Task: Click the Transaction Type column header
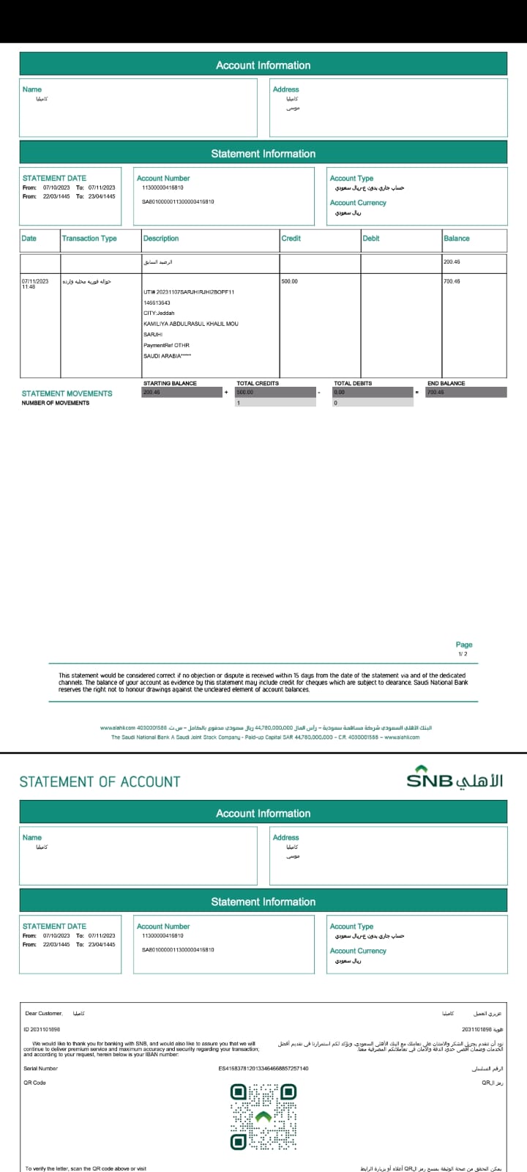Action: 89,239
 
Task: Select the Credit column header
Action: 291,239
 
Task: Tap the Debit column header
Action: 371,239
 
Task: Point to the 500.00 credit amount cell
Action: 290,281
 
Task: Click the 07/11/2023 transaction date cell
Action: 35,281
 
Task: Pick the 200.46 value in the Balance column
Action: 452,262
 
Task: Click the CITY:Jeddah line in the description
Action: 159,313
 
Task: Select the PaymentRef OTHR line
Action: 166,345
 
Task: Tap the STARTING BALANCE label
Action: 170,383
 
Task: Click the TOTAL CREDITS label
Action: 258,383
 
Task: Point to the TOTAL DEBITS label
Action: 353,383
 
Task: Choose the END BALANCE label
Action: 446,383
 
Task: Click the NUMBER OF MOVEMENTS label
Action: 56,403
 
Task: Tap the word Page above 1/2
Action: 464,645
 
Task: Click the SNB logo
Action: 455,779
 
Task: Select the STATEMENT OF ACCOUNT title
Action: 100,782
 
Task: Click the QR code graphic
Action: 263,1117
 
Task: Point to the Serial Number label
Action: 40,1069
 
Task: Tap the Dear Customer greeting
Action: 44,1014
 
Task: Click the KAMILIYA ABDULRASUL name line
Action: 190,324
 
